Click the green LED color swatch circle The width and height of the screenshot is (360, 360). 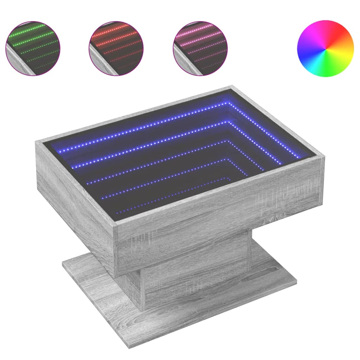click(x=33, y=48)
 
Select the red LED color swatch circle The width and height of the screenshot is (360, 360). click(x=116, y=48)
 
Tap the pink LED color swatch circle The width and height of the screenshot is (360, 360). click(x=200, y=48)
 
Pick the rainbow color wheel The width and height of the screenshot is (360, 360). click(x=325, y=48)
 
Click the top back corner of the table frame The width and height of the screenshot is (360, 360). click(x=231, y=86)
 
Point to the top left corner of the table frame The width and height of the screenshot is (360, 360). click(x=37, y=141)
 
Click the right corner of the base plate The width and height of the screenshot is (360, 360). click(x=297, y=281)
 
